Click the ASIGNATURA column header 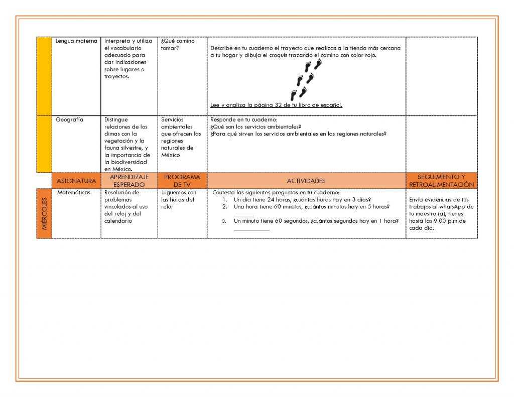(76, 181)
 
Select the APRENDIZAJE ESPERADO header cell (129, 181)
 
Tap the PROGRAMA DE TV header (182, 181)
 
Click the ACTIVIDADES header (306, 181)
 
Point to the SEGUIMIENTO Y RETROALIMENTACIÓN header (441, 181)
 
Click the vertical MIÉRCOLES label (44, 213)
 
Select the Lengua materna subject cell (76, 41)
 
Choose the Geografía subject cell (70, 120)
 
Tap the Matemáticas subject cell (74, 193)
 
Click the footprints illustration (306, 80)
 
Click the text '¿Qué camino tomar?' (178, 45)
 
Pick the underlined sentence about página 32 (276, 105)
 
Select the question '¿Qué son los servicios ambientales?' (255, 127)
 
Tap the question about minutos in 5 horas (311, 207)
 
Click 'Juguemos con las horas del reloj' (179, 200)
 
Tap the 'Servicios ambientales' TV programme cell (180, 138)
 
